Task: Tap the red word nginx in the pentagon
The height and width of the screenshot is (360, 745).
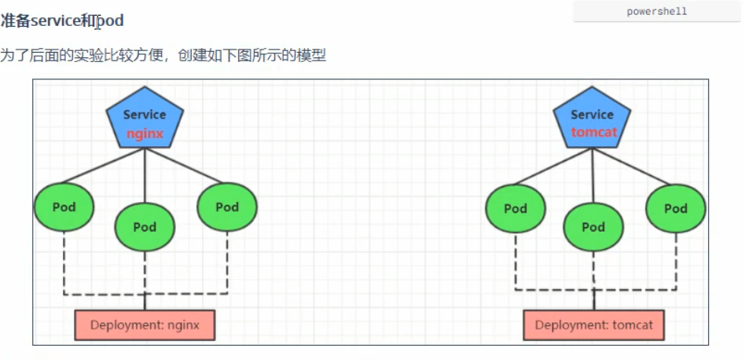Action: click(x=145, y=134)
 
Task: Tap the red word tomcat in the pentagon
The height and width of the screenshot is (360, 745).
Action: click(x=593, y=132)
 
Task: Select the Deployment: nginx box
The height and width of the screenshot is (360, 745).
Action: click(x=145, y=325)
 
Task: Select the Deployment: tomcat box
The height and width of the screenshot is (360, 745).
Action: click(x=593, y=325)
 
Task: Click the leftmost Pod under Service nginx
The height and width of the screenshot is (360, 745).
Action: click(x=64, y=208)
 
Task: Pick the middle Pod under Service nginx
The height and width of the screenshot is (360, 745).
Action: click(x=145, y=227)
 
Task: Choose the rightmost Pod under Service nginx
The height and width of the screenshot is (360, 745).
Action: click(x=226, y=207)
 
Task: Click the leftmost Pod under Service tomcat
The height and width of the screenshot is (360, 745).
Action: click(x=516, y=208)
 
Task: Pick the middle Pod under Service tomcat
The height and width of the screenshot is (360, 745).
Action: click(x=593, y=227)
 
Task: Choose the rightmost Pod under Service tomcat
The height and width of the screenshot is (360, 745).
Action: click(x=675, y=208)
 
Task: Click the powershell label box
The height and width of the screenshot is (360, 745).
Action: click(x=657, y=12)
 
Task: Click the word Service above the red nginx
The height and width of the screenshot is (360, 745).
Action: click(x=145, y=115)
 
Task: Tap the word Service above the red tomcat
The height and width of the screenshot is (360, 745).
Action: click(x=593, y=115)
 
